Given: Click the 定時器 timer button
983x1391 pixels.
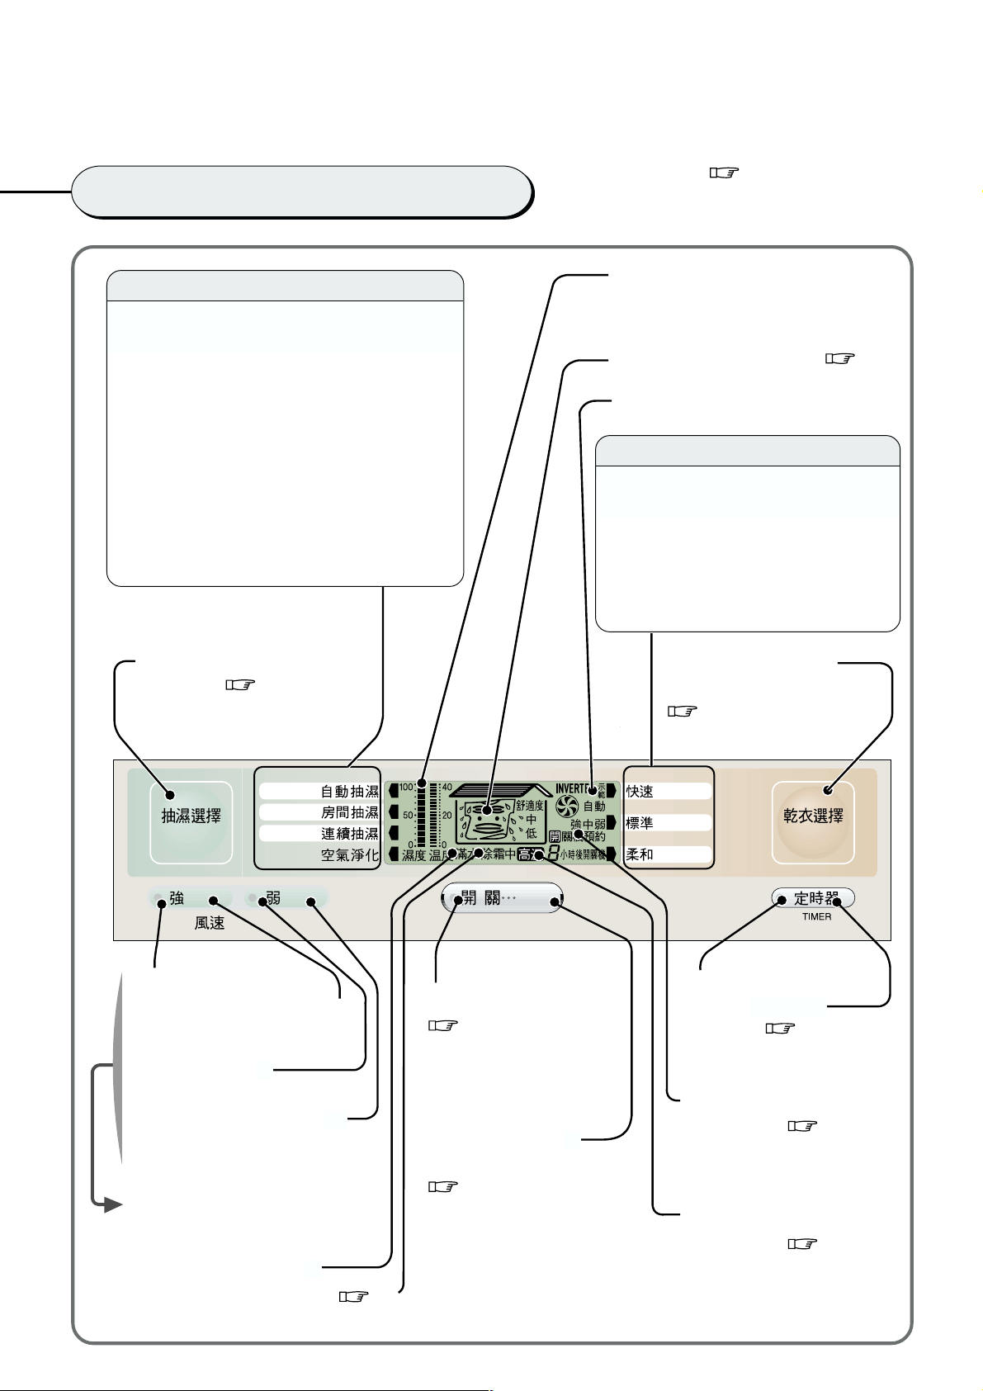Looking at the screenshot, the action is (813, 898).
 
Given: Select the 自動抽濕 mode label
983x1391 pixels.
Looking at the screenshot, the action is (349, 792).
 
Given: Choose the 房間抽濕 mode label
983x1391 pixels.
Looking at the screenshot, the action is (349, 813).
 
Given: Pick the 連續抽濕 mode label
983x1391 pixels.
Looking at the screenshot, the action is (349, 834).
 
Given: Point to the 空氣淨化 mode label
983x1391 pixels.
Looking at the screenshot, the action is (349, 855).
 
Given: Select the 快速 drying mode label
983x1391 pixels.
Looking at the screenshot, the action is (640, 792).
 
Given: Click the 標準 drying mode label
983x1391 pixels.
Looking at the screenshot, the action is (640, 823).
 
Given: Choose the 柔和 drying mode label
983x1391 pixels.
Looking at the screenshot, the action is (640, 854).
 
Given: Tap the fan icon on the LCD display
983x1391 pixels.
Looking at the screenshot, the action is (567, 807).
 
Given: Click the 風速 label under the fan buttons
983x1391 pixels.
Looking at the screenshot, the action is (210, 923).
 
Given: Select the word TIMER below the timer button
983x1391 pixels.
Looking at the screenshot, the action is (816, 916).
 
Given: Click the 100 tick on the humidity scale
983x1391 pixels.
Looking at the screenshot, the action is (406, 788).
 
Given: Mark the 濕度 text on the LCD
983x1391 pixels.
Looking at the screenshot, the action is (414, 856).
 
